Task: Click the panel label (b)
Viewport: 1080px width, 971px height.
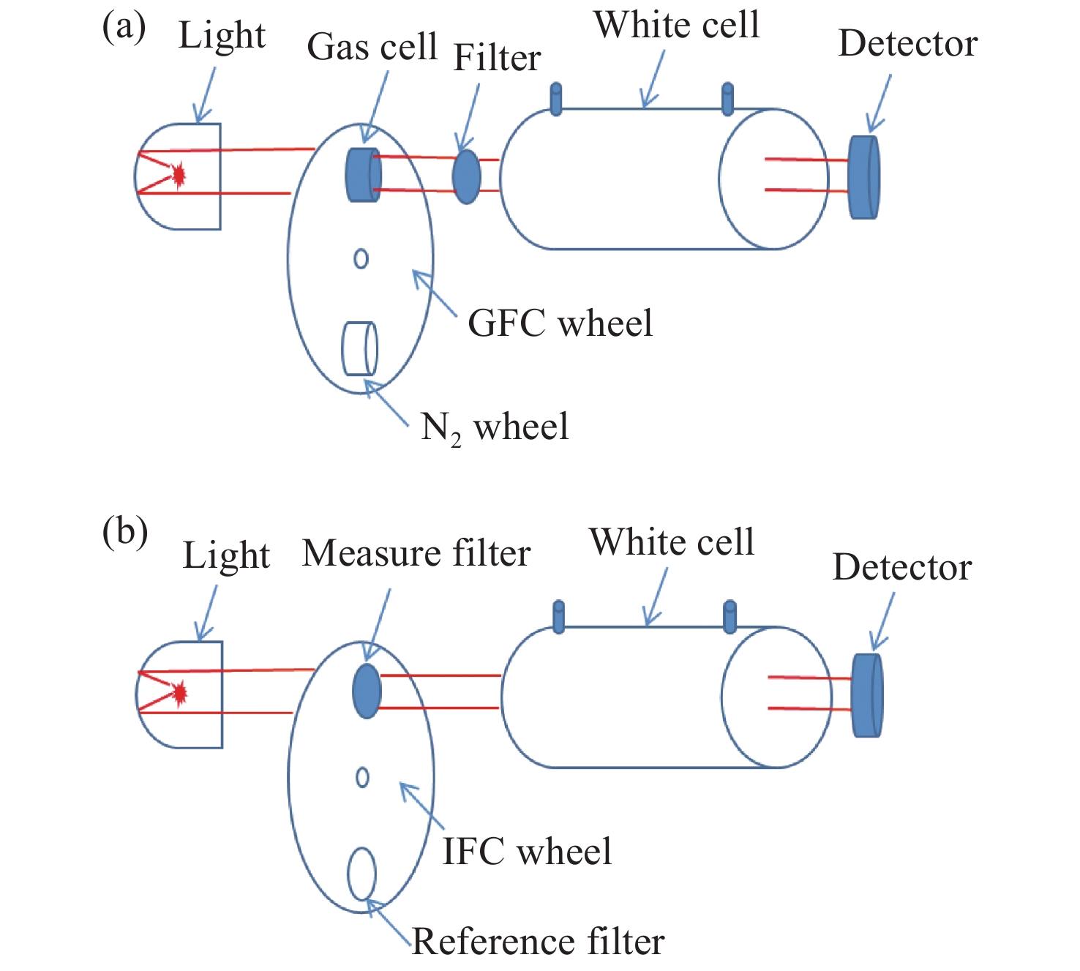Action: click(x=125, y=532)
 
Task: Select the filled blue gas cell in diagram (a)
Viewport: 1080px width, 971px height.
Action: click(x=363, y=175)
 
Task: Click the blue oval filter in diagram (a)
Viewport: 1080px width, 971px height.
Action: click(x=467, y=176)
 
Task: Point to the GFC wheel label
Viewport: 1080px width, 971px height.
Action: click(x=560, y=323)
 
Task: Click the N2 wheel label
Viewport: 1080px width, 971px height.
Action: click(x=495, y=427)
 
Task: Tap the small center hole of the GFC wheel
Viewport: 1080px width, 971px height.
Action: click(x=361, y=258)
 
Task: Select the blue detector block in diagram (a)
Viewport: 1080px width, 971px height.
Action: click(x=864, y=176)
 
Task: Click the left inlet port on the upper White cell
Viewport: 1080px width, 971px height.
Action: click(x=556, y=100)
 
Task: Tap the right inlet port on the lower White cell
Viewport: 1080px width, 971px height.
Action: click(x=730, y=617)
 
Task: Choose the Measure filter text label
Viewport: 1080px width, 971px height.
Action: click(x=416, y=553)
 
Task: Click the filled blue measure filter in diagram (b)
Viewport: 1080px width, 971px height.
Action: click(x=367, y=691)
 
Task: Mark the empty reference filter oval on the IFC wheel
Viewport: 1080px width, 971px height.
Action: click(x=361, y=874)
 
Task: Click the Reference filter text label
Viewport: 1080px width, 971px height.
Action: click(x=538, y=942)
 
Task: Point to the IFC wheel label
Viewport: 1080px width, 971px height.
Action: click(x=527, y=851)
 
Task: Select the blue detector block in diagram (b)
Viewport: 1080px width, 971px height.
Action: click(x=867, y=695)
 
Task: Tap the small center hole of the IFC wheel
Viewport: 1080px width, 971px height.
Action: click(x=362, y=777)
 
